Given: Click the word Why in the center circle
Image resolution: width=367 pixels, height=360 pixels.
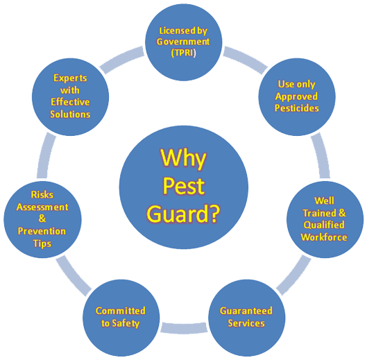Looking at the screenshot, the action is pos(183,159).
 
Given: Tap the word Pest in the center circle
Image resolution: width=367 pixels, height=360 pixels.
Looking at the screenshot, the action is pos(184,187).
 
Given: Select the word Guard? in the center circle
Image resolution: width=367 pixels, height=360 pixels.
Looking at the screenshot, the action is pos(183,214).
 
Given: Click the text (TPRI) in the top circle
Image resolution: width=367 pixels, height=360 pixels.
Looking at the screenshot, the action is pos(183,53).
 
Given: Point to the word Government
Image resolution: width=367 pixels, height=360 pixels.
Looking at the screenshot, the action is pos(183,42).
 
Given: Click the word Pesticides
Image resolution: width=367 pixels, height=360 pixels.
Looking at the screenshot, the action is pos(296,108).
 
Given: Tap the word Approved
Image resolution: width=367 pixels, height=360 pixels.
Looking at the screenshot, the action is pos(296,96).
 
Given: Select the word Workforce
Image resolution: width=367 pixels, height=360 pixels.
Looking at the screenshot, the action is pos(324,237).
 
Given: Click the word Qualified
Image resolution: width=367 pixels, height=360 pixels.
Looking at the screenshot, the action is pos(324,225).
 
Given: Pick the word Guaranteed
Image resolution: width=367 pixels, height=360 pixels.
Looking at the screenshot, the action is pos(246,311).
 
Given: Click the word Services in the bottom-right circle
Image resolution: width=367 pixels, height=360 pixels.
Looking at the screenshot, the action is pos(246,323).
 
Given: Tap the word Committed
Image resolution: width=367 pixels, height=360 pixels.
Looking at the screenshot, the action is pos(121,311).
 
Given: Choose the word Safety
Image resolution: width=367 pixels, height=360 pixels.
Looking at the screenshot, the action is pos(126,323).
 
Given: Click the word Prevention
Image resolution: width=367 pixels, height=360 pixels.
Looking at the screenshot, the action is pos(42,231).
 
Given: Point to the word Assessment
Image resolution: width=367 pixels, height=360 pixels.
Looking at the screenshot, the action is pos(42,207).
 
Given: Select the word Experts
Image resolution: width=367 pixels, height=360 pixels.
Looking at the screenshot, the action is pos(70,78).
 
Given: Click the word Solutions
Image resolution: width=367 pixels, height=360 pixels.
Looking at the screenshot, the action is pos(70,114).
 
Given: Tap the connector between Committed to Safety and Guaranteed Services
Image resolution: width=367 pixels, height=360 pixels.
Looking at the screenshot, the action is pos(184,327).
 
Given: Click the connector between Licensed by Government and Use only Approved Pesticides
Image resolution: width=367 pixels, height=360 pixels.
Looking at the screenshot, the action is pos(246,59).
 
